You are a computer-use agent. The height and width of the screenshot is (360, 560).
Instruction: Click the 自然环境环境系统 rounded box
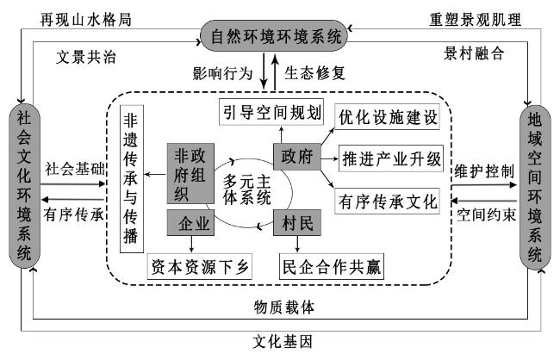click(274, 35)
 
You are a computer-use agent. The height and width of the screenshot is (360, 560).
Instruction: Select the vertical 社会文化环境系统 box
click(24, 186)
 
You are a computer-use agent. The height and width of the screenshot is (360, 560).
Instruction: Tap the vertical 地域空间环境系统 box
click(535, 187)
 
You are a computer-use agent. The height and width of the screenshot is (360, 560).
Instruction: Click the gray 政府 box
click(297, 157)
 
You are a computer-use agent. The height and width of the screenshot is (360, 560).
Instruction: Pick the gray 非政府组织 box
click(190, 174)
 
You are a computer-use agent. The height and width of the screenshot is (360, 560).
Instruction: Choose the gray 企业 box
click(190, 222)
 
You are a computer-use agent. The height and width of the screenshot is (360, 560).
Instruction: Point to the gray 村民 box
click(297, 222)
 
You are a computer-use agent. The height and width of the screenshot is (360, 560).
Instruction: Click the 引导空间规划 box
click(271, 112)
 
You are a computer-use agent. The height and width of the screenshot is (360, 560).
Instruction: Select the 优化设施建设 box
click(387, 116)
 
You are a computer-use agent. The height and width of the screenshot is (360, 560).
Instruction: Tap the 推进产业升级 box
click(391, 158)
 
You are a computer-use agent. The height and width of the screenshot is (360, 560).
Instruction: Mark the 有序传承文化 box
click(387, 201)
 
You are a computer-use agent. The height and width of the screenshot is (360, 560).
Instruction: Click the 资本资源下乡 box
click(200, 266)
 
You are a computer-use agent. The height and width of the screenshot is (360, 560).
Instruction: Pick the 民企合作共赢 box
click(332, 266)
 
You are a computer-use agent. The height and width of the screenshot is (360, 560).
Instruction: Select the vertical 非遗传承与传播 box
click(132, 179)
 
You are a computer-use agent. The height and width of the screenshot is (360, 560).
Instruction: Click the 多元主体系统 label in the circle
click(247, 189)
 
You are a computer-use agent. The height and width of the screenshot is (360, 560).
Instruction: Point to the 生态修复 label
click(315, 73)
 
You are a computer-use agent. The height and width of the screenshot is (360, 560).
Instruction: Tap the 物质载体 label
click(284, 307)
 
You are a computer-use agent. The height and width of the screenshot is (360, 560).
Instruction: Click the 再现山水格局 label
click(85, 19)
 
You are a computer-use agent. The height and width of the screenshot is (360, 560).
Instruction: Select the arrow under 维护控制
click(484, 185)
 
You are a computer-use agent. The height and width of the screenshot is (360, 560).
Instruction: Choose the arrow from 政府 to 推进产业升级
click(330, 158)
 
